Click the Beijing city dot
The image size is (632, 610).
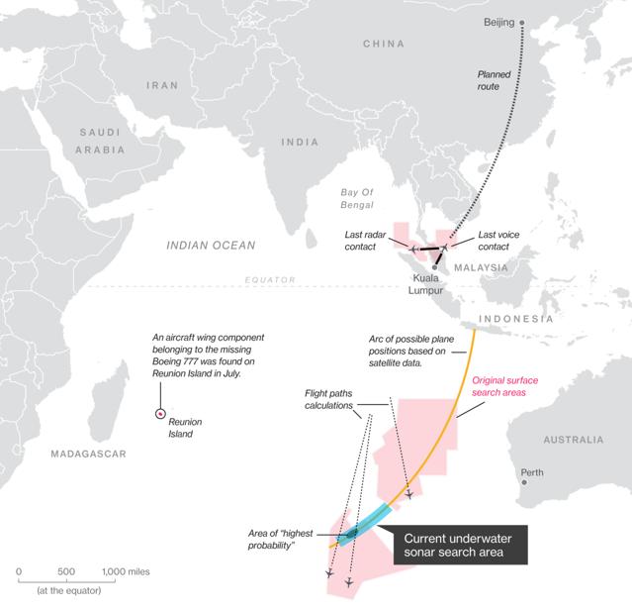coord(522,22)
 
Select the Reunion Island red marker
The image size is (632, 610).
coord(160,415)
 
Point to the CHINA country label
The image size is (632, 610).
coord(385,45)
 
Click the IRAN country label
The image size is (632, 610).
coord(161,86)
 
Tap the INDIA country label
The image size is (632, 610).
coord(300,142)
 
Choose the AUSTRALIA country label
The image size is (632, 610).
coord(571,439)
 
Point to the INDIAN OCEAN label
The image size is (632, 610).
coord(211,245)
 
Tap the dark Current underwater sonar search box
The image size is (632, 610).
coord(460,545)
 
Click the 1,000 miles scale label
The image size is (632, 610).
coord(126,571)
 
